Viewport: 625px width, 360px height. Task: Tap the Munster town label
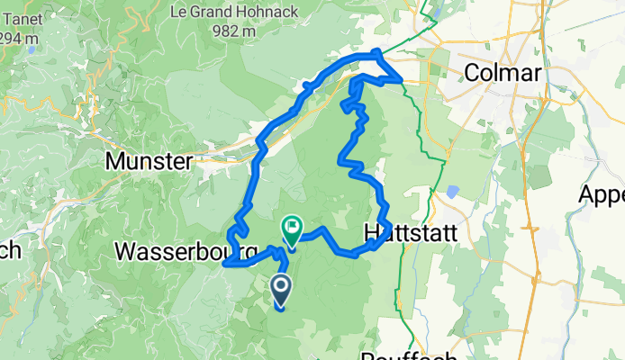point(149,162)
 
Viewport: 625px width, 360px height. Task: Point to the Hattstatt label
point(410,232)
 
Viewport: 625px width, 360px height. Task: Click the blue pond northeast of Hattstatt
point(452,191)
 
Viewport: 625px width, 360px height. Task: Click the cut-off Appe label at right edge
point(602,195)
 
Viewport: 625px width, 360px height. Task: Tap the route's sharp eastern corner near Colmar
point(402,79)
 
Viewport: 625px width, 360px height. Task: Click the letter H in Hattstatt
point(372,232)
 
